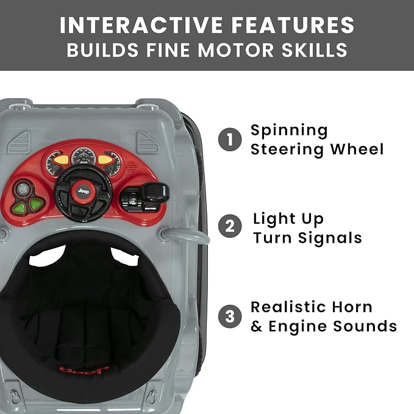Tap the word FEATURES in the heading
(x=293, y=25)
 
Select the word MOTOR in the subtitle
(x=235, y=50)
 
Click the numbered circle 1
(x=230, y=140)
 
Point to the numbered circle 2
(x=230, y=226)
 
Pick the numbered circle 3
(x=230, y=316)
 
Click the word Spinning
(x=289, y=131)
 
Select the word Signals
(x=330, y=238)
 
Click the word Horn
(x=352, y=307)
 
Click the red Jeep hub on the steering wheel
(x=83, y=191)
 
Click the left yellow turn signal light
(x=61, y=160)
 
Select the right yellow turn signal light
(x=105, y=160)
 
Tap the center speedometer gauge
(x=83, y=156)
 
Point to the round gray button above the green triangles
(x=23, y=189)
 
